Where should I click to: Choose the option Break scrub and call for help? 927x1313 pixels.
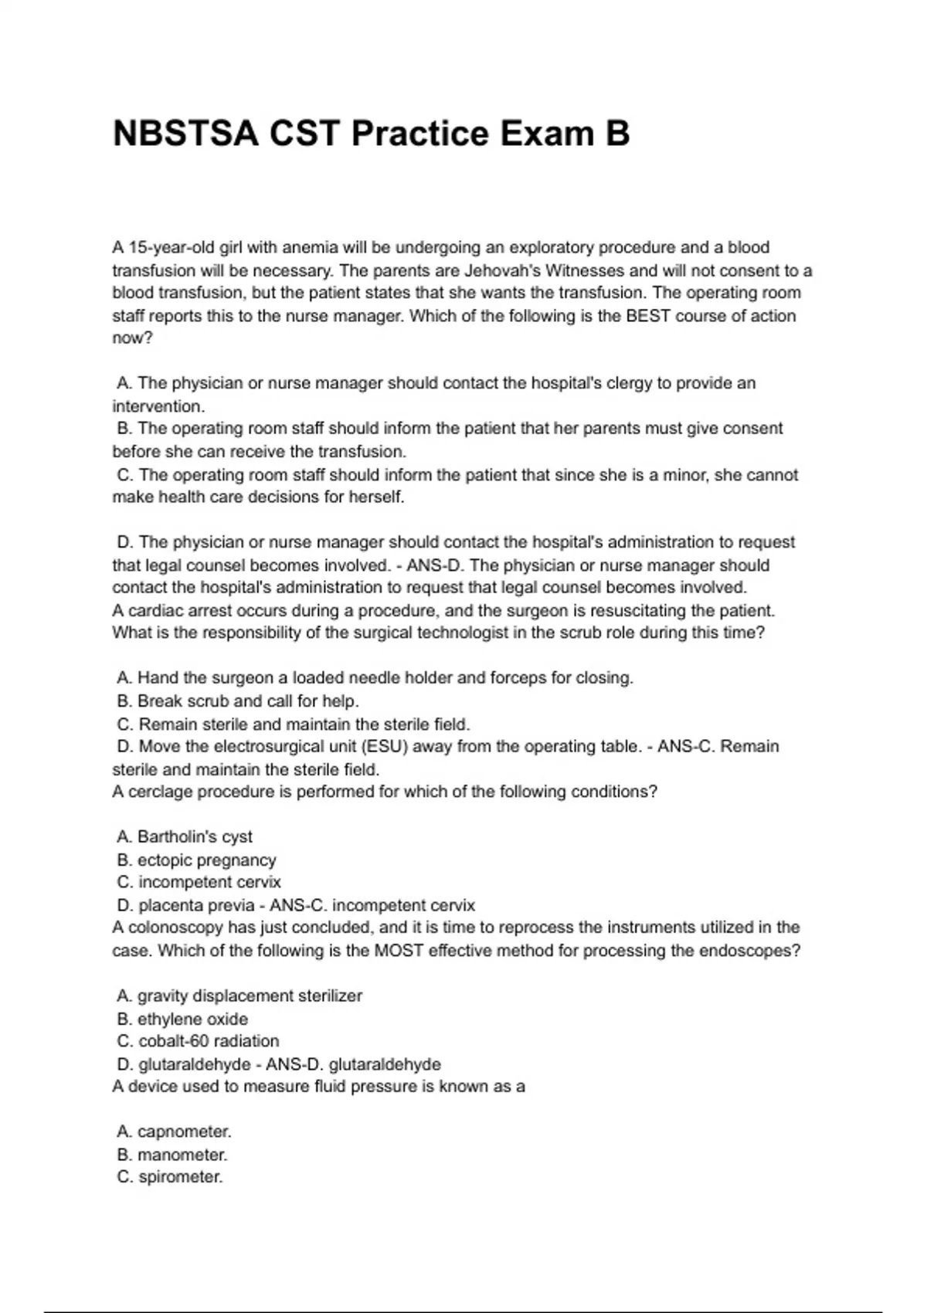(x=247, y=701)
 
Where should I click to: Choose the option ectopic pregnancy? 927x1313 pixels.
(x=206, y=860)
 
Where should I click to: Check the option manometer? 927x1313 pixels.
(x=182, y=1155)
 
